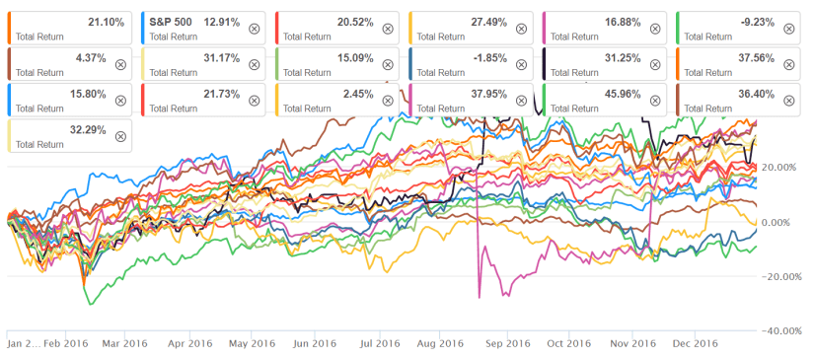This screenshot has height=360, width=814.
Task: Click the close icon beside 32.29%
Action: click(120, 136)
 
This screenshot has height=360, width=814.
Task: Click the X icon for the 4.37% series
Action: click(120, 64)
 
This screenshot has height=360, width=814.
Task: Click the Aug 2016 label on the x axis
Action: click(440, 344)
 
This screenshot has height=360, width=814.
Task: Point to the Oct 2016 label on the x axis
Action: click(567, 344)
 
